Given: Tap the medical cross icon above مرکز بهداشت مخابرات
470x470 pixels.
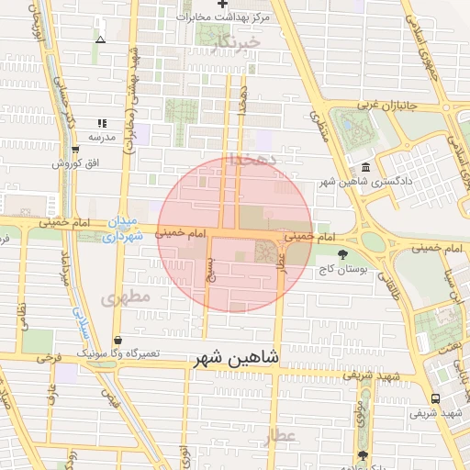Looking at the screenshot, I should tap(222, 5).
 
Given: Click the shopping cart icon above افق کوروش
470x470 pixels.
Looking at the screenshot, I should tap(74, 150).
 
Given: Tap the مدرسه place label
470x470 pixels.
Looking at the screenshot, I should tap(101, 137).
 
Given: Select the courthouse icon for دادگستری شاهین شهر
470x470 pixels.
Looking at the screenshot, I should tap(366, 168).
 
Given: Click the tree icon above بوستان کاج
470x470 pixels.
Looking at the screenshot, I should tap(342, 254).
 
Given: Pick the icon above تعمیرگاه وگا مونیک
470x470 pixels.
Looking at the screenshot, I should tap(117, 339).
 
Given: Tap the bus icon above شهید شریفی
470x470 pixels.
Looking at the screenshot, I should tap(434, 398).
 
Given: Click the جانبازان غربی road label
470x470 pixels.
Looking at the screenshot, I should tap(386, 105).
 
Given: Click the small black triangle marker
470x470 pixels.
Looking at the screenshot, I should tap(100, 39).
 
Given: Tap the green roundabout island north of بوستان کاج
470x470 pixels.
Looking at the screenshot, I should tap(373, 241).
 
